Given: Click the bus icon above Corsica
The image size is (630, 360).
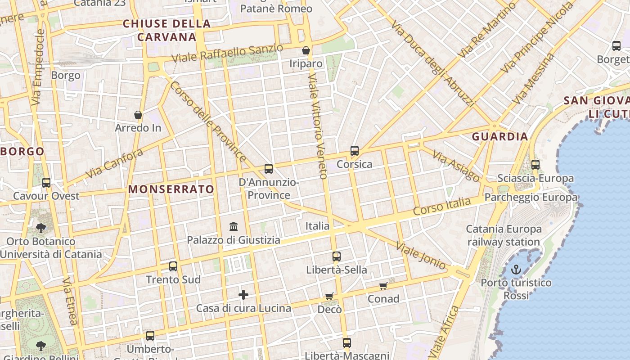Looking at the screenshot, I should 355,151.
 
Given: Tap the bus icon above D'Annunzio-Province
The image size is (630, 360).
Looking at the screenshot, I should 269,169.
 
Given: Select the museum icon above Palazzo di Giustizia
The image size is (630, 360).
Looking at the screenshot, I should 234,226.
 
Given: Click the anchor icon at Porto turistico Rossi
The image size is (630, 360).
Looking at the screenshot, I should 516,270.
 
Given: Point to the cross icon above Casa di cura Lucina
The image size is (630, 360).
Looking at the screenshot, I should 243,295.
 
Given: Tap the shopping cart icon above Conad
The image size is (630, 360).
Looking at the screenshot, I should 383,286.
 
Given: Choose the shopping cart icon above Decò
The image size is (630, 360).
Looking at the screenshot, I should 329,297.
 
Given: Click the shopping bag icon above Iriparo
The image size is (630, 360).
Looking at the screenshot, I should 306,50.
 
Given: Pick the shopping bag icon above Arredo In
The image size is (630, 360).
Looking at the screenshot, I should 138,115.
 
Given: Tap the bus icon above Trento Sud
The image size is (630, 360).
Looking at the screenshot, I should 173,266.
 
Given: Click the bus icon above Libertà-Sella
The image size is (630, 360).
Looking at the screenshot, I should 337,256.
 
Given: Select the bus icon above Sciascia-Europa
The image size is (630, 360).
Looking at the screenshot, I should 535,165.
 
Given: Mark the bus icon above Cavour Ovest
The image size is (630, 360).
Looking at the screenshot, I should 46,183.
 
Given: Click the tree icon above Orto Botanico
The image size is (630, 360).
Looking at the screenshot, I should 41,228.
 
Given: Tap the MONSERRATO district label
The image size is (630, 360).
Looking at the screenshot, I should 171,189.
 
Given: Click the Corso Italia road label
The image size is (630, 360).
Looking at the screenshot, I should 442,207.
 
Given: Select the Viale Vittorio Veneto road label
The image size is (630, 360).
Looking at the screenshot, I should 317,126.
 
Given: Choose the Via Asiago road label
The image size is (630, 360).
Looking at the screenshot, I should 456,166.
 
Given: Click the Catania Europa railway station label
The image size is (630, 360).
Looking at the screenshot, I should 504,235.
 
